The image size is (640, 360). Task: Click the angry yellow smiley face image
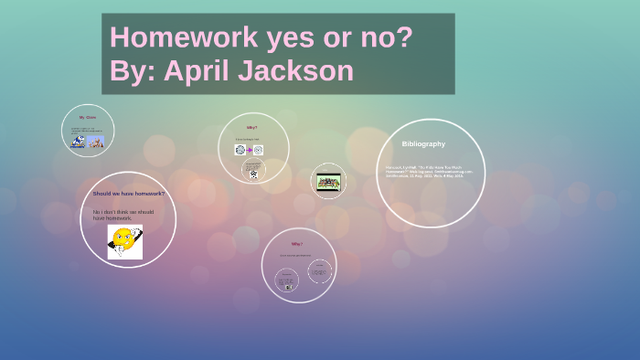(x=124, y=241)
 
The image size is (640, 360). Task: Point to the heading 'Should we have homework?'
(x=128, y=194)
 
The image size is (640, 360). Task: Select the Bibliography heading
(x=423, y=143)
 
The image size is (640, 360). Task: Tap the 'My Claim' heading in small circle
(x=88, y=118)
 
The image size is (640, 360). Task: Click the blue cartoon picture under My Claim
(x=79, y=142)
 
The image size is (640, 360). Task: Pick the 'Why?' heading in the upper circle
(x=252, y=127)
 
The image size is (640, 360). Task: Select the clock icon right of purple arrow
(x=259, y=150)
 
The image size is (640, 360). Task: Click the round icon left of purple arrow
(x=240, y=150)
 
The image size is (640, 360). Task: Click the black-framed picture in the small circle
(x=328, y=181)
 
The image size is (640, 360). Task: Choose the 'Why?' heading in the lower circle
(x=297, y=244)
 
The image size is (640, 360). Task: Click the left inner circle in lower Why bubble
(x=286, y=280)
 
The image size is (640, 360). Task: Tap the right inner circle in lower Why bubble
(x=318, y=270)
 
